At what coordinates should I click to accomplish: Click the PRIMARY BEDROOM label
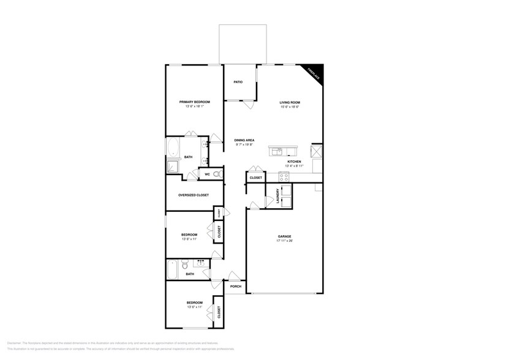point(194,102)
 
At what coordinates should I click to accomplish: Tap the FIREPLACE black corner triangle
point(314,73)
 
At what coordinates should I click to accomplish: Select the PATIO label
point(238,81)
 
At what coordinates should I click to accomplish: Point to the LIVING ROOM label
point(290,102)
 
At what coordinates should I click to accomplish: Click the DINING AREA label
point(244,140)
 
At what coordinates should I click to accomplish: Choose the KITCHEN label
point(295,162)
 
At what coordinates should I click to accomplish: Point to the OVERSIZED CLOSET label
point(193,195)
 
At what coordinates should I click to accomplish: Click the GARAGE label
point(284,236)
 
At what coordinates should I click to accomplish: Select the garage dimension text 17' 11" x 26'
point(284,241)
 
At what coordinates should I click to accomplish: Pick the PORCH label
point(235,286)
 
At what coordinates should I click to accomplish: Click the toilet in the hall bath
point(188,266)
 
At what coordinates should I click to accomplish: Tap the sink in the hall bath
point(200,263)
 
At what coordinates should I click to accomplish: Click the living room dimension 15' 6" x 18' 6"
point(290,107)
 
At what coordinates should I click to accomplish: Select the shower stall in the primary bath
point(172,167)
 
